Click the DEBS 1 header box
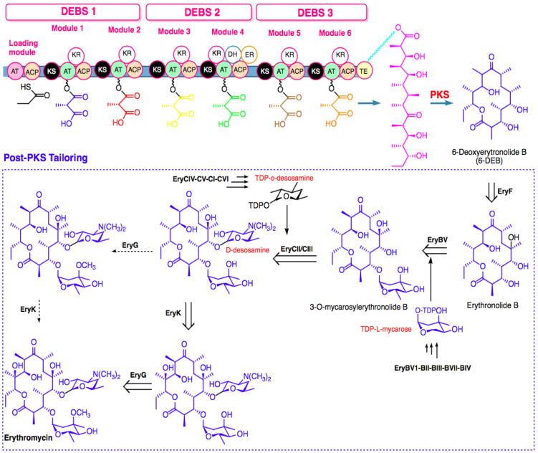75,11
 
